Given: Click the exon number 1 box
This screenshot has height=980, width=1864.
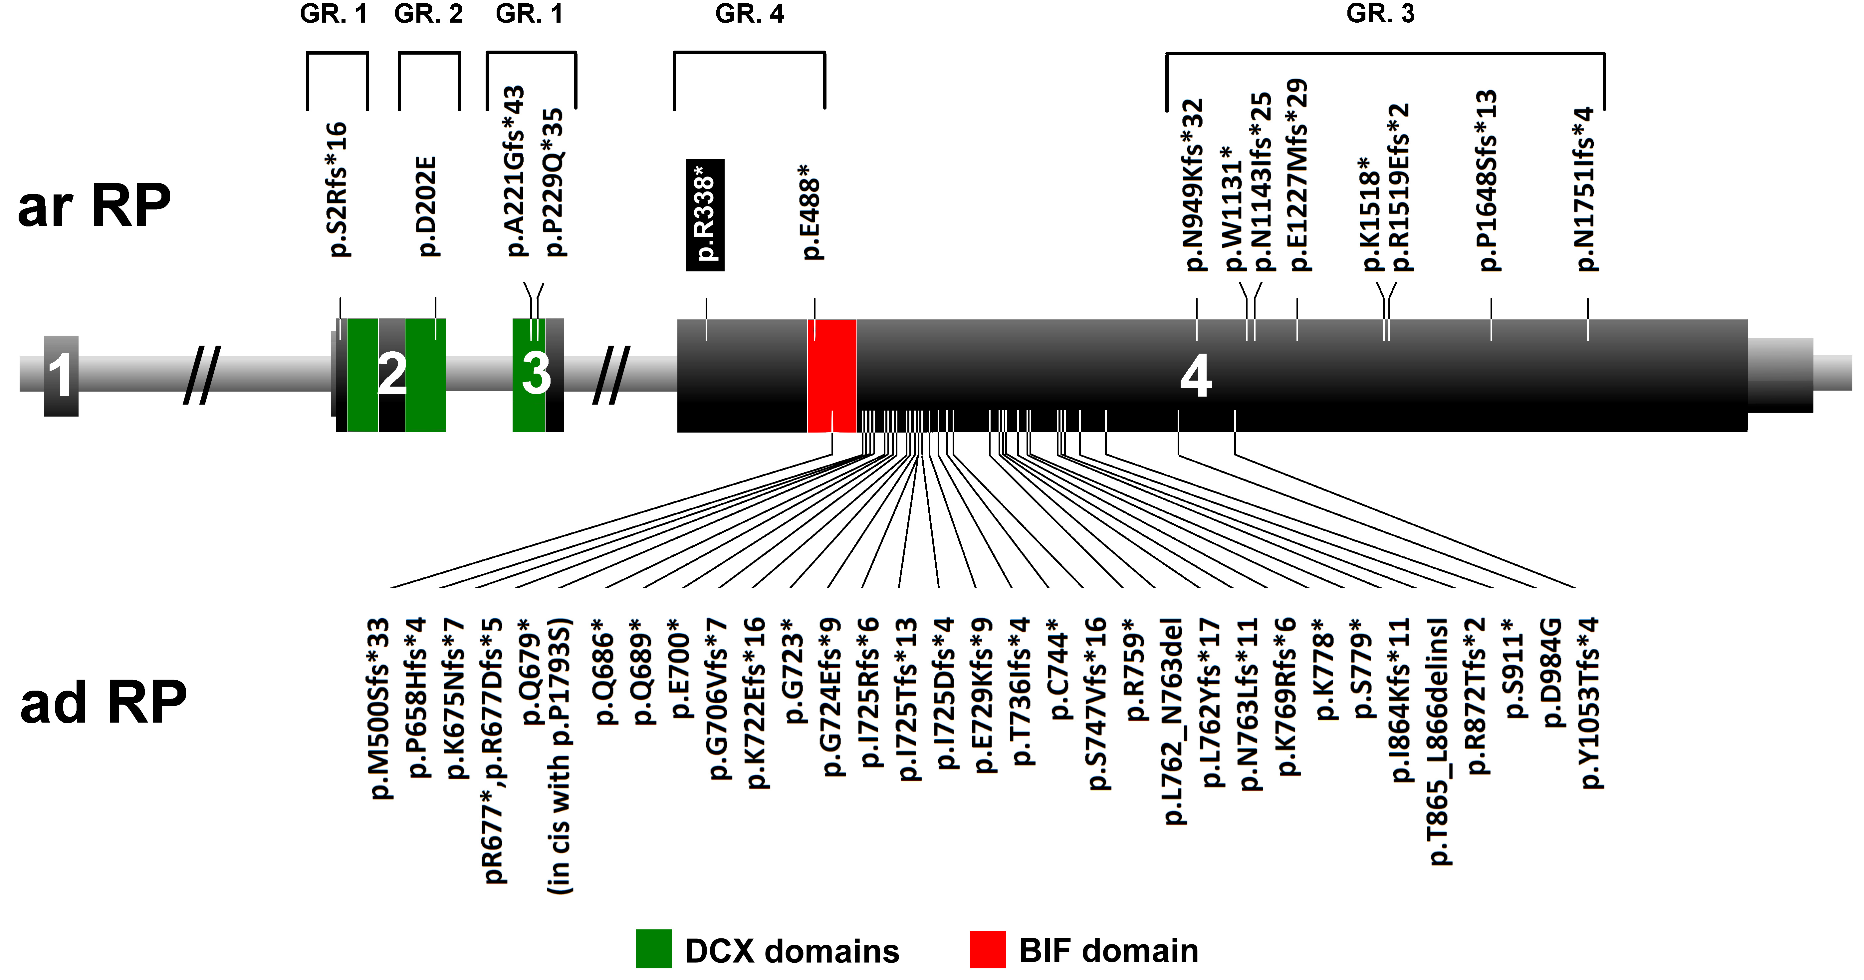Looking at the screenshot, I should (61, 376).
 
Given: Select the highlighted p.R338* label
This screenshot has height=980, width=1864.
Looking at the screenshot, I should (705, 215).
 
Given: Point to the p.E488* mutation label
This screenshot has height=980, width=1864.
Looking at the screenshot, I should (812, 211).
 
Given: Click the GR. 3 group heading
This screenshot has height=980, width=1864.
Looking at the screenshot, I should (1380, 14).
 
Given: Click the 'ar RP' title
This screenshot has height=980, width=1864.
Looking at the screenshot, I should (94, 206).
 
